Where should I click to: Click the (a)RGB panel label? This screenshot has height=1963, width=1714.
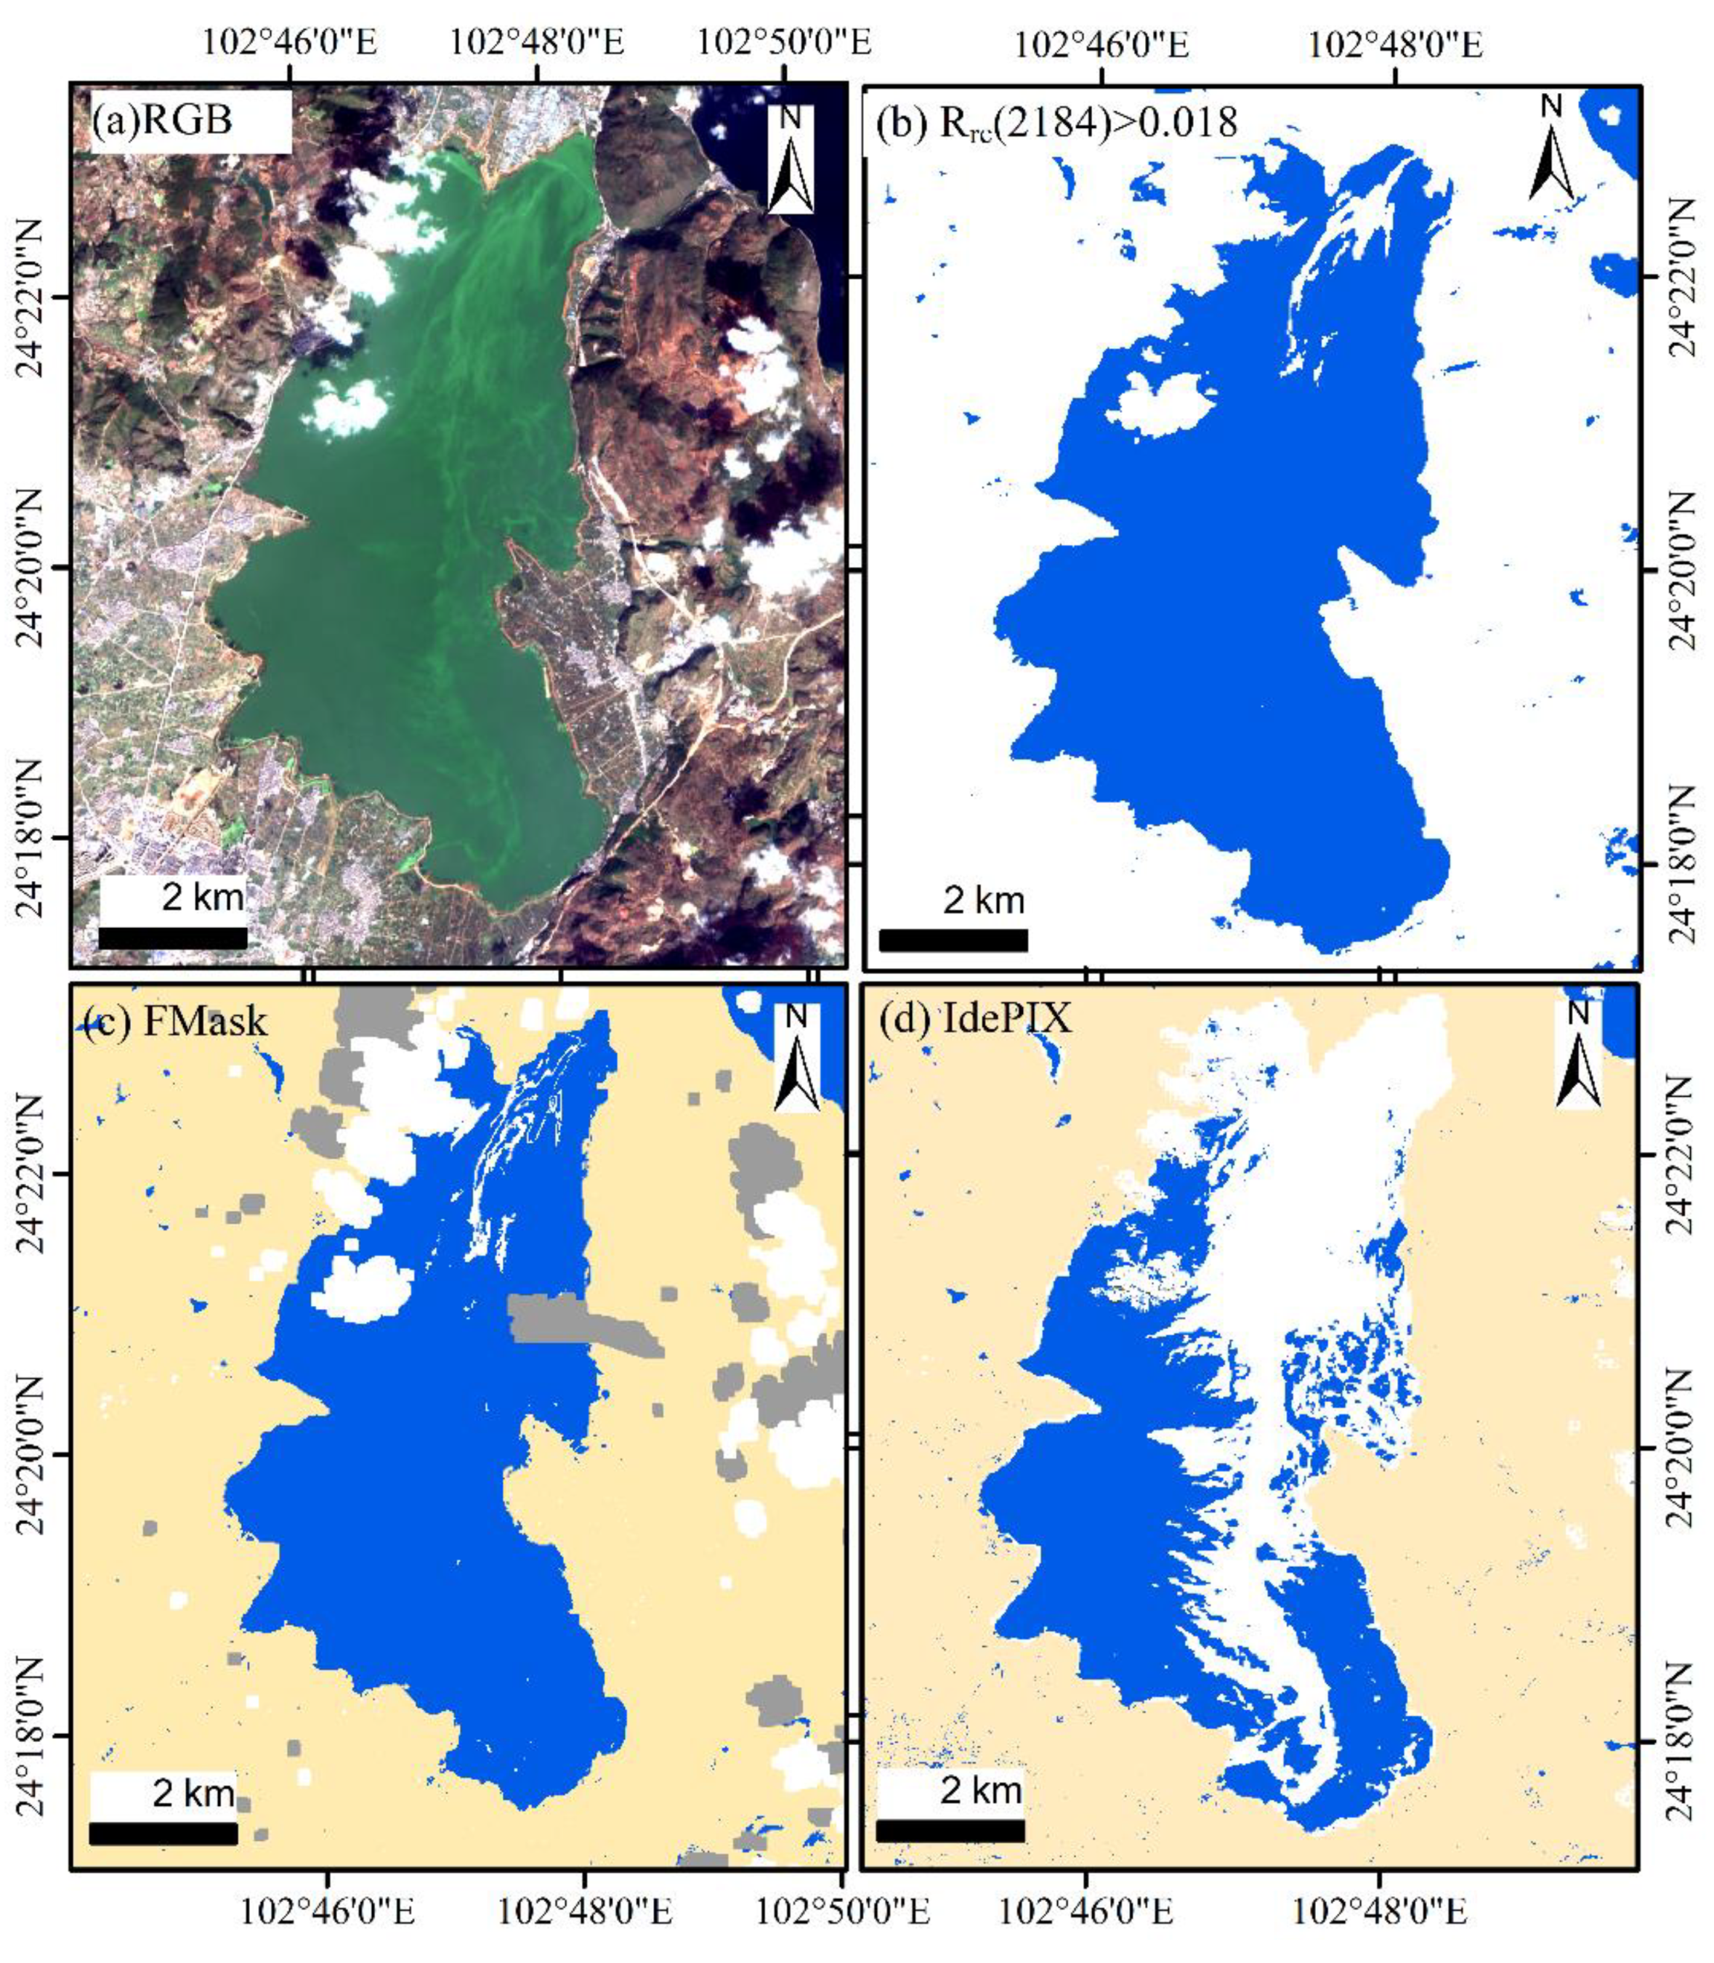163,121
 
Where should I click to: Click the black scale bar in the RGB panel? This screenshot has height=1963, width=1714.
173,938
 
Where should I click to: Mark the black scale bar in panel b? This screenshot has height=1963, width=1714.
953,940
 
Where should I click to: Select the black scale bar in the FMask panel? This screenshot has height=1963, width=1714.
163,1833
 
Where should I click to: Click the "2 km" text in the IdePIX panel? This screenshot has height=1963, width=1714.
982,1790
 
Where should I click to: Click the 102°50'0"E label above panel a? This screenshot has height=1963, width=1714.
783,43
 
